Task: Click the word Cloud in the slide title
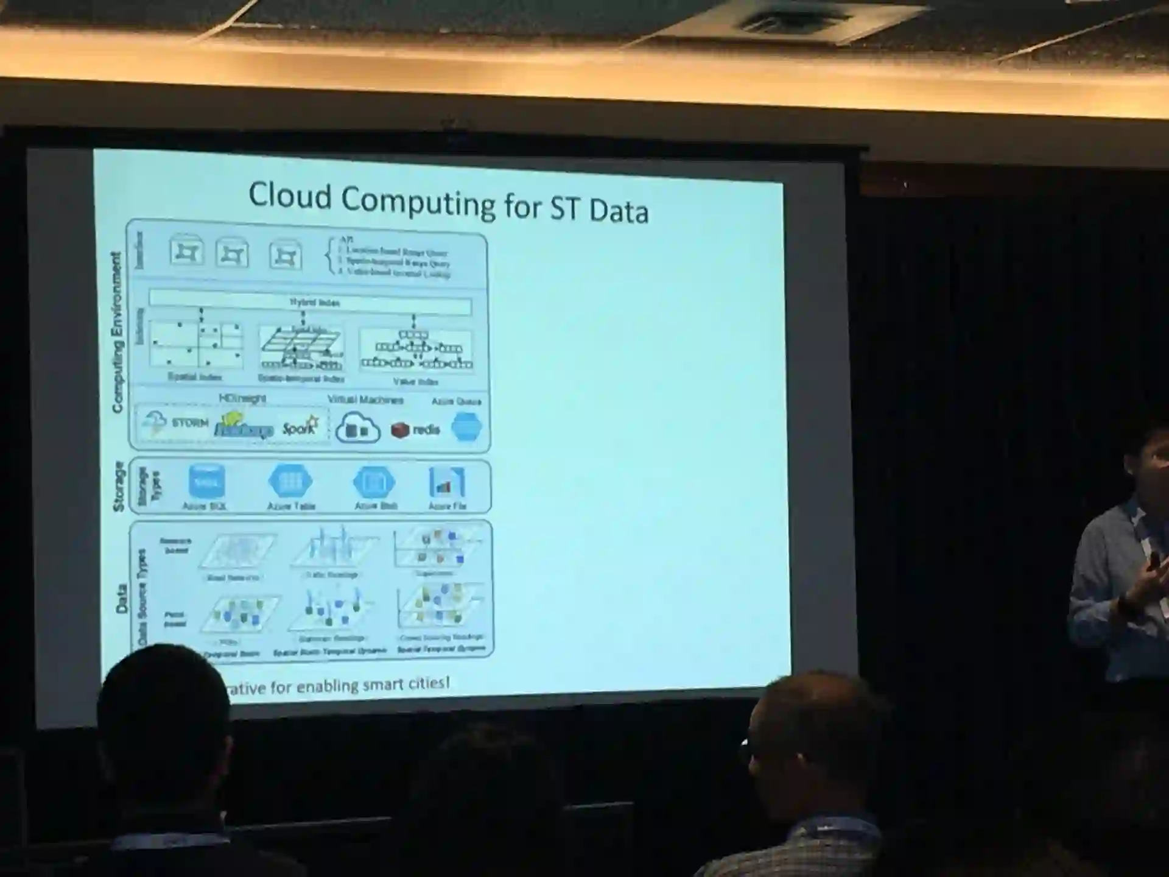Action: click(290, 196)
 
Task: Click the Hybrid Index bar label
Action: click(314, 303)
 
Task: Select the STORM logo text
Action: click(189, 423)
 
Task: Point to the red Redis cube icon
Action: click(400, 430)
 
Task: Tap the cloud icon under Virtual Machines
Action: click(358, 427)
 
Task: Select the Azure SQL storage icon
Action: click(206, 481)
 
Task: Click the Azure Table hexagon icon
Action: click(290, 482)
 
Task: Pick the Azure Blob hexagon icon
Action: click(374, 482)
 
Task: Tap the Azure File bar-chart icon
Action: click(447, 482)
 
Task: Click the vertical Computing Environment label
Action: click(116, 332)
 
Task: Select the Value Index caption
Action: click(416, 382)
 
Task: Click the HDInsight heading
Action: click(242, 398)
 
